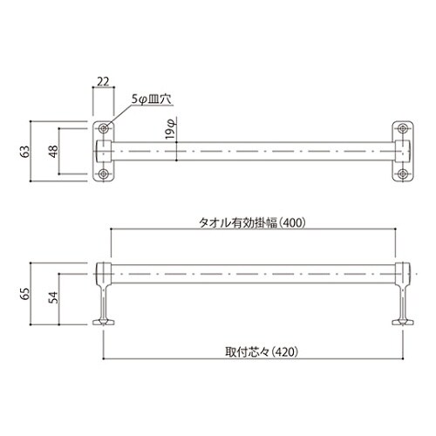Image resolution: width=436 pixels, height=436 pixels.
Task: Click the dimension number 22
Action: [x=103, y=83]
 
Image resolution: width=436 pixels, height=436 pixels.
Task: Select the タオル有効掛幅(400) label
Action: [x=253, y=221]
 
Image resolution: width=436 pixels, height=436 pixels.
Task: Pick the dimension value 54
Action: [x=51, y=299]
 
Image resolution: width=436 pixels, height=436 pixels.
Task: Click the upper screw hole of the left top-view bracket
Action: [x=104, y=127]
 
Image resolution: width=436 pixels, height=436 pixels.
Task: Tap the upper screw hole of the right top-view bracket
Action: [x=404, y=127]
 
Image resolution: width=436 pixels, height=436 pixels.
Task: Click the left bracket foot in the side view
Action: [x=104, y=322]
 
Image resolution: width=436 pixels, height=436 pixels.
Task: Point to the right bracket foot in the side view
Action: [x=404, y=322]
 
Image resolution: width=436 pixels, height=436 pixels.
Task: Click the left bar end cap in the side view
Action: [x=104, y=271]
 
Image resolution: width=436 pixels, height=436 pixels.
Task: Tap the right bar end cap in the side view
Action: [x=404, y=271]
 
